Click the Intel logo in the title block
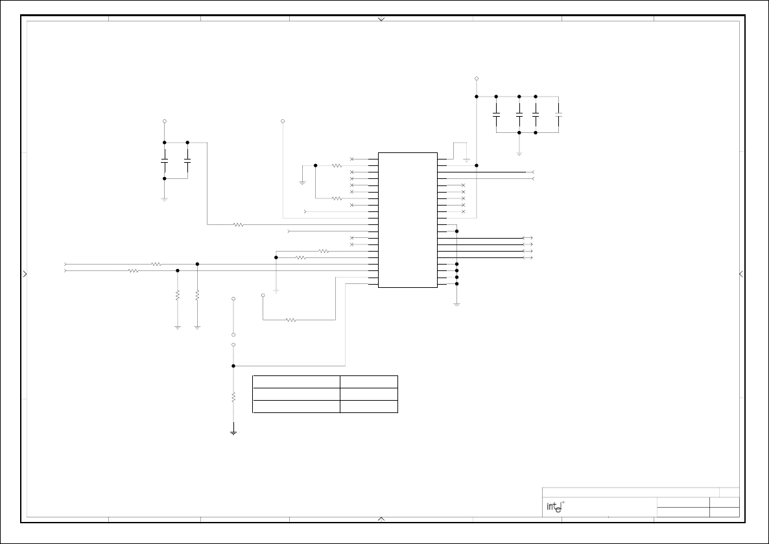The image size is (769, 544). click(x=553, y=506)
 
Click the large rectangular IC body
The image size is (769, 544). click(x=407, y=220)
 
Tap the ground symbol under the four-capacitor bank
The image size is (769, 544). click(x=519, y=154)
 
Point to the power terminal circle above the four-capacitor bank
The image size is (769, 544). click(x=477, y=78)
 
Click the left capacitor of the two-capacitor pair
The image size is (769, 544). click(x=165, y=159)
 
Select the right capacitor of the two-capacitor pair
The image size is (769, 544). click(x=187, y=159)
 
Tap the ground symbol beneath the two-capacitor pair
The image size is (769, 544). click(x=165, y=199)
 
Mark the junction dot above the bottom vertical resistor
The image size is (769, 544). click(x=233, y=366)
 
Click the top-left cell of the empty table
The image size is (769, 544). click(x=296, y=381)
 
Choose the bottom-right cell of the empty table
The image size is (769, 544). click(x=369, y=407)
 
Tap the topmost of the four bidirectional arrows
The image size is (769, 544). click(x=528, y=238)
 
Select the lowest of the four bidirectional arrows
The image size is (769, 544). click(x=528, y=257)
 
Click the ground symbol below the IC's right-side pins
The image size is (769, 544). click(x=456, y=303)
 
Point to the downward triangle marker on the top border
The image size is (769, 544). click(x=381, y=19)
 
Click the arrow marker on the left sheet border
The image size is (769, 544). click(x=25, y=274)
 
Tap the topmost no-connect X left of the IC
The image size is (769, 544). click(x=352, y=159)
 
